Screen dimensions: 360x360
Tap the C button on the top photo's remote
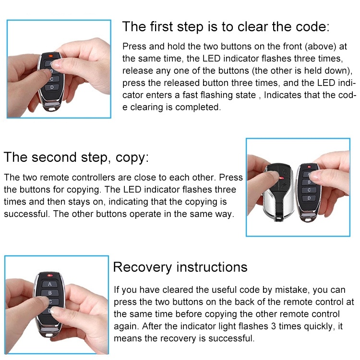53,79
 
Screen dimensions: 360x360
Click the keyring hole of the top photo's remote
50,108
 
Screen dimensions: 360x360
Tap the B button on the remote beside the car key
310,181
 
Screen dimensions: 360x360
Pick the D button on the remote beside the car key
310,198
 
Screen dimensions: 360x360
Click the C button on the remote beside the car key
310,190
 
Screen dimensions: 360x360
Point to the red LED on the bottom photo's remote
49,275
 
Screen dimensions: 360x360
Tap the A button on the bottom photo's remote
49,284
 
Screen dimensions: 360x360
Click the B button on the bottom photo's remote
50,292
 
